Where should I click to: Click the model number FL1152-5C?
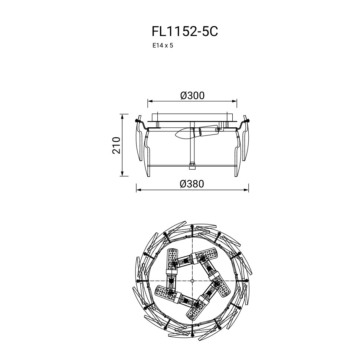tap(184, 32)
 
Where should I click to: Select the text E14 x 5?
tap(163, 45)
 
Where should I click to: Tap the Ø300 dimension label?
tap(192, 95)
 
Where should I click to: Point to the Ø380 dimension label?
tap(192, 184)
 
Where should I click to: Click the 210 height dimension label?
tap(117, 145)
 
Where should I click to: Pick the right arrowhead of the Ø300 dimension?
tap(234, 101)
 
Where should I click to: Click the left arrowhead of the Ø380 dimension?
tap(139, 190)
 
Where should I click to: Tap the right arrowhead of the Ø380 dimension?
tap(246, 190)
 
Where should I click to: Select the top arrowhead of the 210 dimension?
tap(122, 117)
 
